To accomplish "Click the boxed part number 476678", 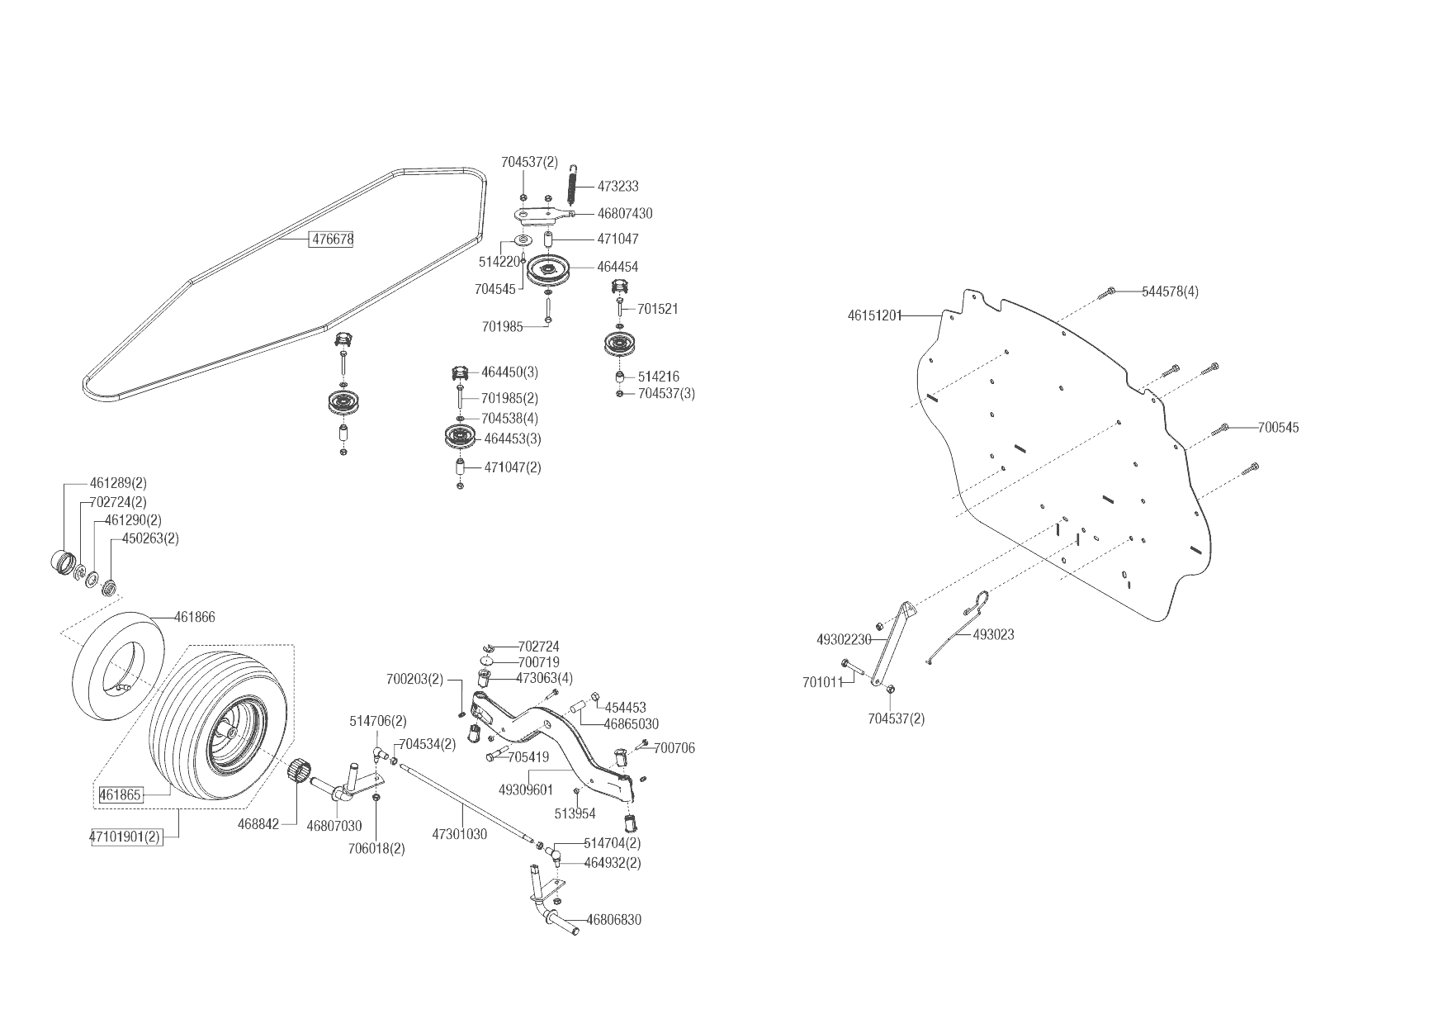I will coord(331,239).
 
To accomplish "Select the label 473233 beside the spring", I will coord(618,187).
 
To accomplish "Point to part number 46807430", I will coord(624,213).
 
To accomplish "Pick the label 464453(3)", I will coord(513,439).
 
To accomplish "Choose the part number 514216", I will coord(658,377).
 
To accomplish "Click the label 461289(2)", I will coord(118,483).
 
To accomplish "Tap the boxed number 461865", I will coord(121,795).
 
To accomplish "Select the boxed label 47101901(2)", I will coord(125,837).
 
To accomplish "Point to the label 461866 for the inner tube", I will coord(195,617).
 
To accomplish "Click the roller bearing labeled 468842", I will coord(298,773).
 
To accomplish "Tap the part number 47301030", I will coord(459,834).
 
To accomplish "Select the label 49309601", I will coord(526,789).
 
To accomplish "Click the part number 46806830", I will coord(613,919).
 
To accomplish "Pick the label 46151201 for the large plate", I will coord(875,315).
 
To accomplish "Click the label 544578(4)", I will coord(1170,292).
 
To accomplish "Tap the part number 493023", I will coord(994,634).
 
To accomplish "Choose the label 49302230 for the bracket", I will coord(844,639).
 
